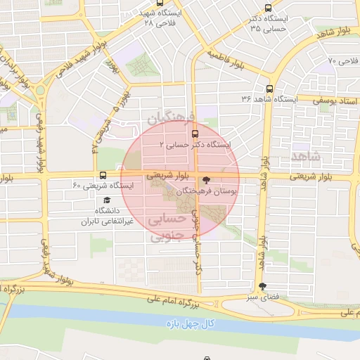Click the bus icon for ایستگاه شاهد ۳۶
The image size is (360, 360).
[269, 89]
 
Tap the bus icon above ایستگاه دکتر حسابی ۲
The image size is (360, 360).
[195, 131]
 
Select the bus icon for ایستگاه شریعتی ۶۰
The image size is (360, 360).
[103, 175]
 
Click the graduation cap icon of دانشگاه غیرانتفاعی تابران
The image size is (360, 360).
[106, 200]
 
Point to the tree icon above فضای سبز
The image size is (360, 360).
[263, 286]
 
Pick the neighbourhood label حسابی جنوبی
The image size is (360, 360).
[167, 228]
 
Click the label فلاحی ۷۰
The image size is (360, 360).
[343, 61]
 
